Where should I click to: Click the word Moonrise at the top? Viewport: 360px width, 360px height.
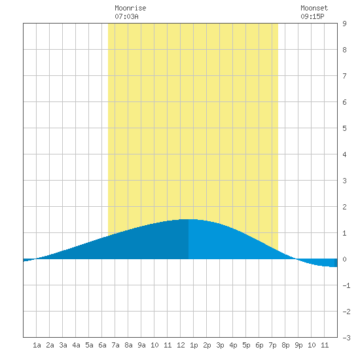tap(130, 8)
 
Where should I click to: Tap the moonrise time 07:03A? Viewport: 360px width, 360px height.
tap(126, 16)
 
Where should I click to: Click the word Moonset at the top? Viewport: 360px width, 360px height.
tap(314, 8)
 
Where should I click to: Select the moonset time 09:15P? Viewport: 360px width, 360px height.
tap(312, 16)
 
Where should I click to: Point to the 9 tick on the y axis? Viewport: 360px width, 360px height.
tap(344, 24)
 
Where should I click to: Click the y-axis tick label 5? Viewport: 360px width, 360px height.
tap(344, 128)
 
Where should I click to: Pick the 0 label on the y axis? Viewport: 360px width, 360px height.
tap(344, 259)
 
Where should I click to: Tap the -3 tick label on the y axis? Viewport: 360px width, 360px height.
tap(346, 338)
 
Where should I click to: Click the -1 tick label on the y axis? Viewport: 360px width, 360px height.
tap(346, 285)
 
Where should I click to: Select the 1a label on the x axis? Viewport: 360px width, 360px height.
tap(37, 345)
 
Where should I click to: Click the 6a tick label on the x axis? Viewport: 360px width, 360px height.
tap(102, 345)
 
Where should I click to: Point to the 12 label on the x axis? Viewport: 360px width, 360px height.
tap(181, 345)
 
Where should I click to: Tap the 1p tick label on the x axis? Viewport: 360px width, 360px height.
tap(194, 345)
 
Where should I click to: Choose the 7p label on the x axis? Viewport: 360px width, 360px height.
tap(272, 345)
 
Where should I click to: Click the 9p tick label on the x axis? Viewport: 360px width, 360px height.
tap(298, 345)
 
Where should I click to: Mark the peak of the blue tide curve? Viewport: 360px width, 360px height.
tap(189, 219)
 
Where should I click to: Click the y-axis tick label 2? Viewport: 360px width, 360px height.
tap(344, 207)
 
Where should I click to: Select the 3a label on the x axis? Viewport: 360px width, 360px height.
tap(63, 345)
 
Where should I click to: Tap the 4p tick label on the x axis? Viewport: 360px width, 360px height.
tap(233, 345)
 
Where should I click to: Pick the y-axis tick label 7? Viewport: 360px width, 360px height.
tap(344, 76)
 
